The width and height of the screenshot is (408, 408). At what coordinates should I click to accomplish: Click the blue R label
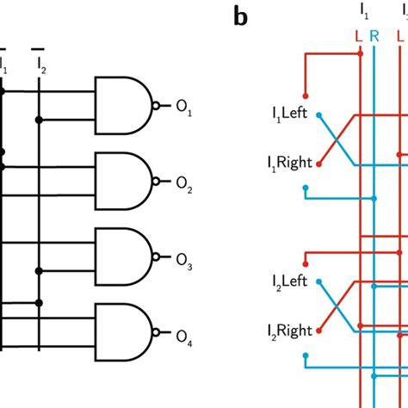coord(373,37)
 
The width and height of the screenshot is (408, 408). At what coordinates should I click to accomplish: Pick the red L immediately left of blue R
coord(358,37)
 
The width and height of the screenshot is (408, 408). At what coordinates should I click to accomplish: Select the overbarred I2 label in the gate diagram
coord(40,62)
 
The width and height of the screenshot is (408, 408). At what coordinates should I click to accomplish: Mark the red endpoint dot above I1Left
coord(304,96)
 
